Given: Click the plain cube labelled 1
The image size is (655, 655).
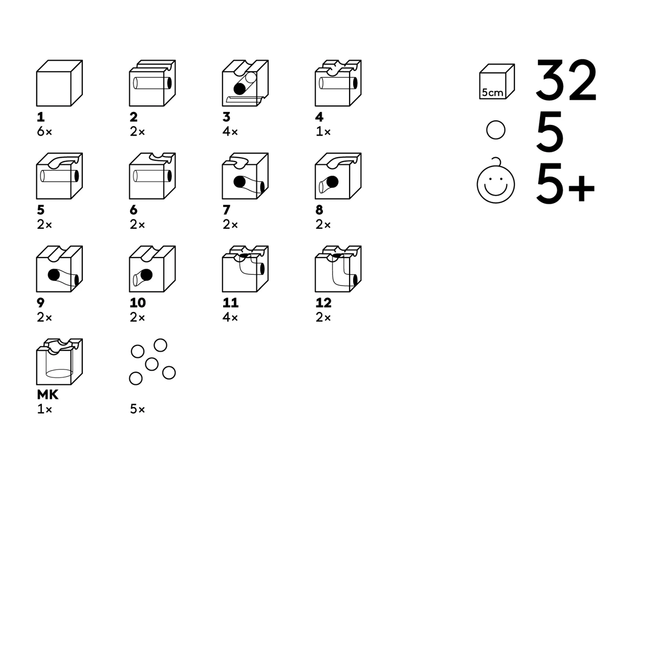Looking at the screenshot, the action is [59, 83].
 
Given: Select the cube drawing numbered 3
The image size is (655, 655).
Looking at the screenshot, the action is [245, 83].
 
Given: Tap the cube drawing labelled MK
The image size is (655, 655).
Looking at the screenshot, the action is [59, 362].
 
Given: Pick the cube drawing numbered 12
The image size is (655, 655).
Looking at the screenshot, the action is [338, 269].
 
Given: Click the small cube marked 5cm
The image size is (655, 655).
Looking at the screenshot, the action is [497, 81].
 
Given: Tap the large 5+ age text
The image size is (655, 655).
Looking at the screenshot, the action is [565, 184].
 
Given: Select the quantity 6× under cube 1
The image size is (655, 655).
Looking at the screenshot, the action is [45, 132].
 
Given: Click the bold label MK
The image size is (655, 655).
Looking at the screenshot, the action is [48, 395].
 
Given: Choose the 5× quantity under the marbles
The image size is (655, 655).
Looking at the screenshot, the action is [137, 409].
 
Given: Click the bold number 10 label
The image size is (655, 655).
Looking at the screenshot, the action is [138, 302].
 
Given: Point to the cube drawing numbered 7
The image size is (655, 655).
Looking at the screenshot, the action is [245, 176].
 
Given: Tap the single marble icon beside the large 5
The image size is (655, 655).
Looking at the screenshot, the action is [495, 130].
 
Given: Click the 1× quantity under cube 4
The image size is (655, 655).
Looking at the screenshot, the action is [323, 132].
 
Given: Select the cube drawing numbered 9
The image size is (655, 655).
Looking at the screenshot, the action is [59, 269].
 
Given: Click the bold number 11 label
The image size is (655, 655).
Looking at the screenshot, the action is [230, 302].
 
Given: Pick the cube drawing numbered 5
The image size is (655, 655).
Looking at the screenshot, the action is [59, 176].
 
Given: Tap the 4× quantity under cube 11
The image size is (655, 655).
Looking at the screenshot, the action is [230, 317].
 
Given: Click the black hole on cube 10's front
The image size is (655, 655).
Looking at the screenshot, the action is [146, 275].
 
